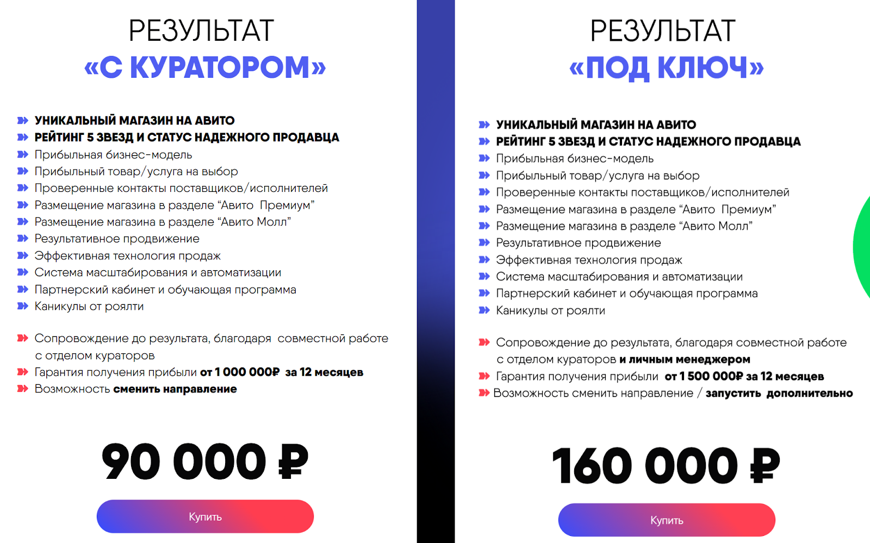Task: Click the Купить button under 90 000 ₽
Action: (x=205, y=516)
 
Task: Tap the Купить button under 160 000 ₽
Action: (x=667, y=520)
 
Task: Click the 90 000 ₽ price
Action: (x=205, y=462)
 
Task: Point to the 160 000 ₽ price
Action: (x=666, y=466)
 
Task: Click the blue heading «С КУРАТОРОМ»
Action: (x=205, y=67)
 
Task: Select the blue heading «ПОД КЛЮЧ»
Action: (x=666, y=68)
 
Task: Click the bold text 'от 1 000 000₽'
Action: (x=240, y=372)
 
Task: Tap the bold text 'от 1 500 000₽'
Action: (x=704, y=376)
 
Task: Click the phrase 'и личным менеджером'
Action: (x=685, y=359)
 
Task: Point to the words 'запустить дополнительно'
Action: (x=779, y=393)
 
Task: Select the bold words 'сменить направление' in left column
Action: (x=175, y=389)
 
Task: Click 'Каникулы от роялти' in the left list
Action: (x=89, y=307)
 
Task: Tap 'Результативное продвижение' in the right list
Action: (x=578, y=243)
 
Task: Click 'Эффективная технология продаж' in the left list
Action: (x=127, y=256)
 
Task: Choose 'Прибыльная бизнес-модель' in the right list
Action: (x=575, y=159)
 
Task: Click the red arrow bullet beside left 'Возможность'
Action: (x=22, y=389)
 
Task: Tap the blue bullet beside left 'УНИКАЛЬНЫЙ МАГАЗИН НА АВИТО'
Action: (x=22, y=120)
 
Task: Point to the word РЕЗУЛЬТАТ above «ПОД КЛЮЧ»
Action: (x=663, y=30)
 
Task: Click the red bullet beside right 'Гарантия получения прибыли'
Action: (x=484, y=376)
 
